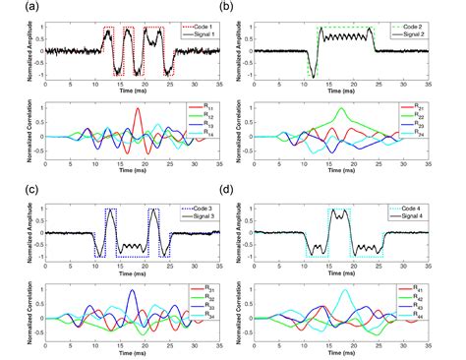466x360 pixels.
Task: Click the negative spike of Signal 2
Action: (313, 75)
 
